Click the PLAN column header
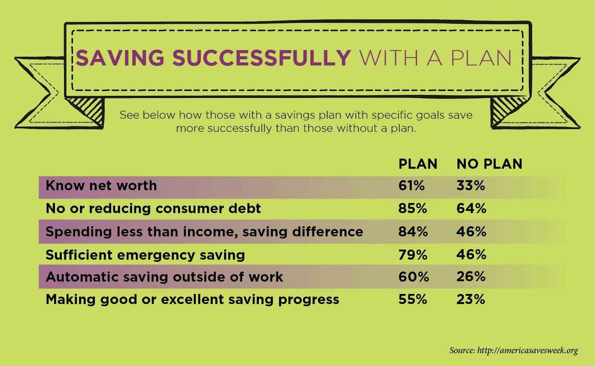418,164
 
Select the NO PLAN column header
489,164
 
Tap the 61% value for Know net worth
411,185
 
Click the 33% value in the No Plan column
471,185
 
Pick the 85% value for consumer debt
413,208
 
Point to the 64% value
471,208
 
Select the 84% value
413,232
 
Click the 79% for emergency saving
413,254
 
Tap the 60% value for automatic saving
414,277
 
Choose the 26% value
471,277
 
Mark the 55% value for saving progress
413,299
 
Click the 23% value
471,299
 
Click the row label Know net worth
101,185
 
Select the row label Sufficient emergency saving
145,255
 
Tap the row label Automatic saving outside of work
164,277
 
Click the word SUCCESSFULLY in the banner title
261,58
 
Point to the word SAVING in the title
120,58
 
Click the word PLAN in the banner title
481,58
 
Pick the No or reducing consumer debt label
153,209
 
